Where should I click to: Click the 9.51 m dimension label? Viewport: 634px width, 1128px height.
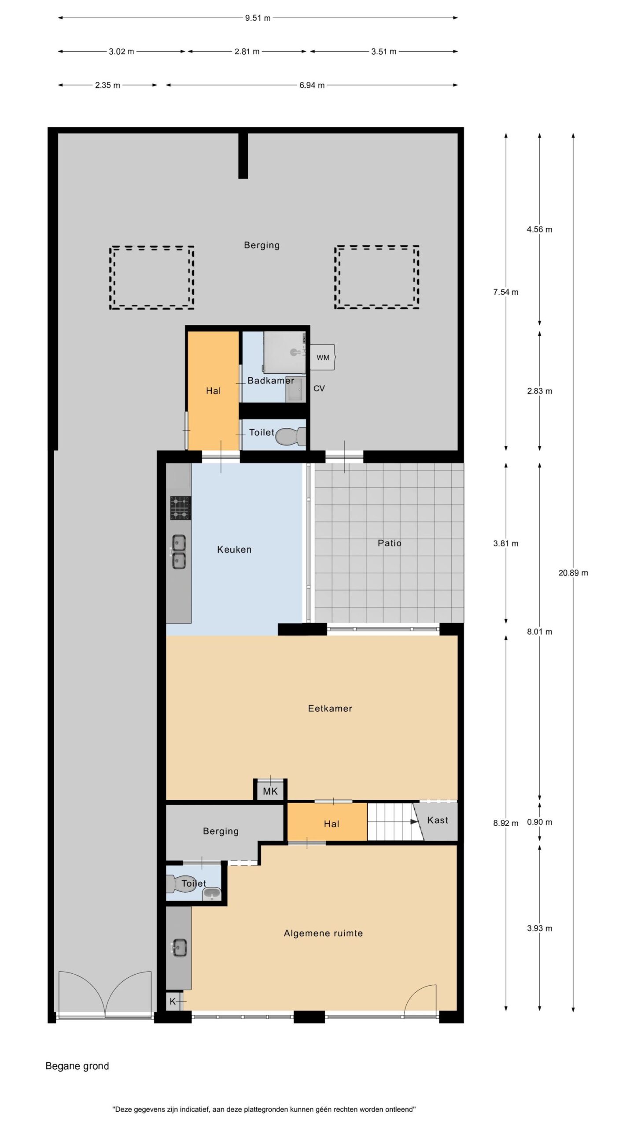point(258,18)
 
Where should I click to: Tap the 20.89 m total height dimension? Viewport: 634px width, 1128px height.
point(573,573)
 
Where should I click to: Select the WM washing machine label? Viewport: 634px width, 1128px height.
point(323,358)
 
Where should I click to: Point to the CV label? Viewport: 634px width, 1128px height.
point(319,389)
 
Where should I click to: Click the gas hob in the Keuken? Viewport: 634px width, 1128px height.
point(181,508)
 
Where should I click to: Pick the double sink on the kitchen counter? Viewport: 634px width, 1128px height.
point(178,552)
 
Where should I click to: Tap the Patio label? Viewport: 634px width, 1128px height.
point(390,543)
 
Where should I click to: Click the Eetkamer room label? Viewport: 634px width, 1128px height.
point(330,709)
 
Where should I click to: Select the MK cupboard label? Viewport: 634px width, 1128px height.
point(270,791)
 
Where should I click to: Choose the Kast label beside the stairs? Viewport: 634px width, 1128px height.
point(438,820)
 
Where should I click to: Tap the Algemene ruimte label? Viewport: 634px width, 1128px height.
point(323,933)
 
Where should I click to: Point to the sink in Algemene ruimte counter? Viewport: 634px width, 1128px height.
point(179,948)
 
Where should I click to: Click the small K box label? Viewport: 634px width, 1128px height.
point(173,1002)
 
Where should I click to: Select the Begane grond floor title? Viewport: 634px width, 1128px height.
point(77,1066)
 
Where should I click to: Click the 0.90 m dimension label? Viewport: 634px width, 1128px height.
point(539,822)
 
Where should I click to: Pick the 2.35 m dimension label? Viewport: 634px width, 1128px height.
point(107,85)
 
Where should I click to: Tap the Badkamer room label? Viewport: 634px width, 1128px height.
point(271,381)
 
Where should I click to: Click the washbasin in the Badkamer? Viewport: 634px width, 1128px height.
point(296,390)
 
